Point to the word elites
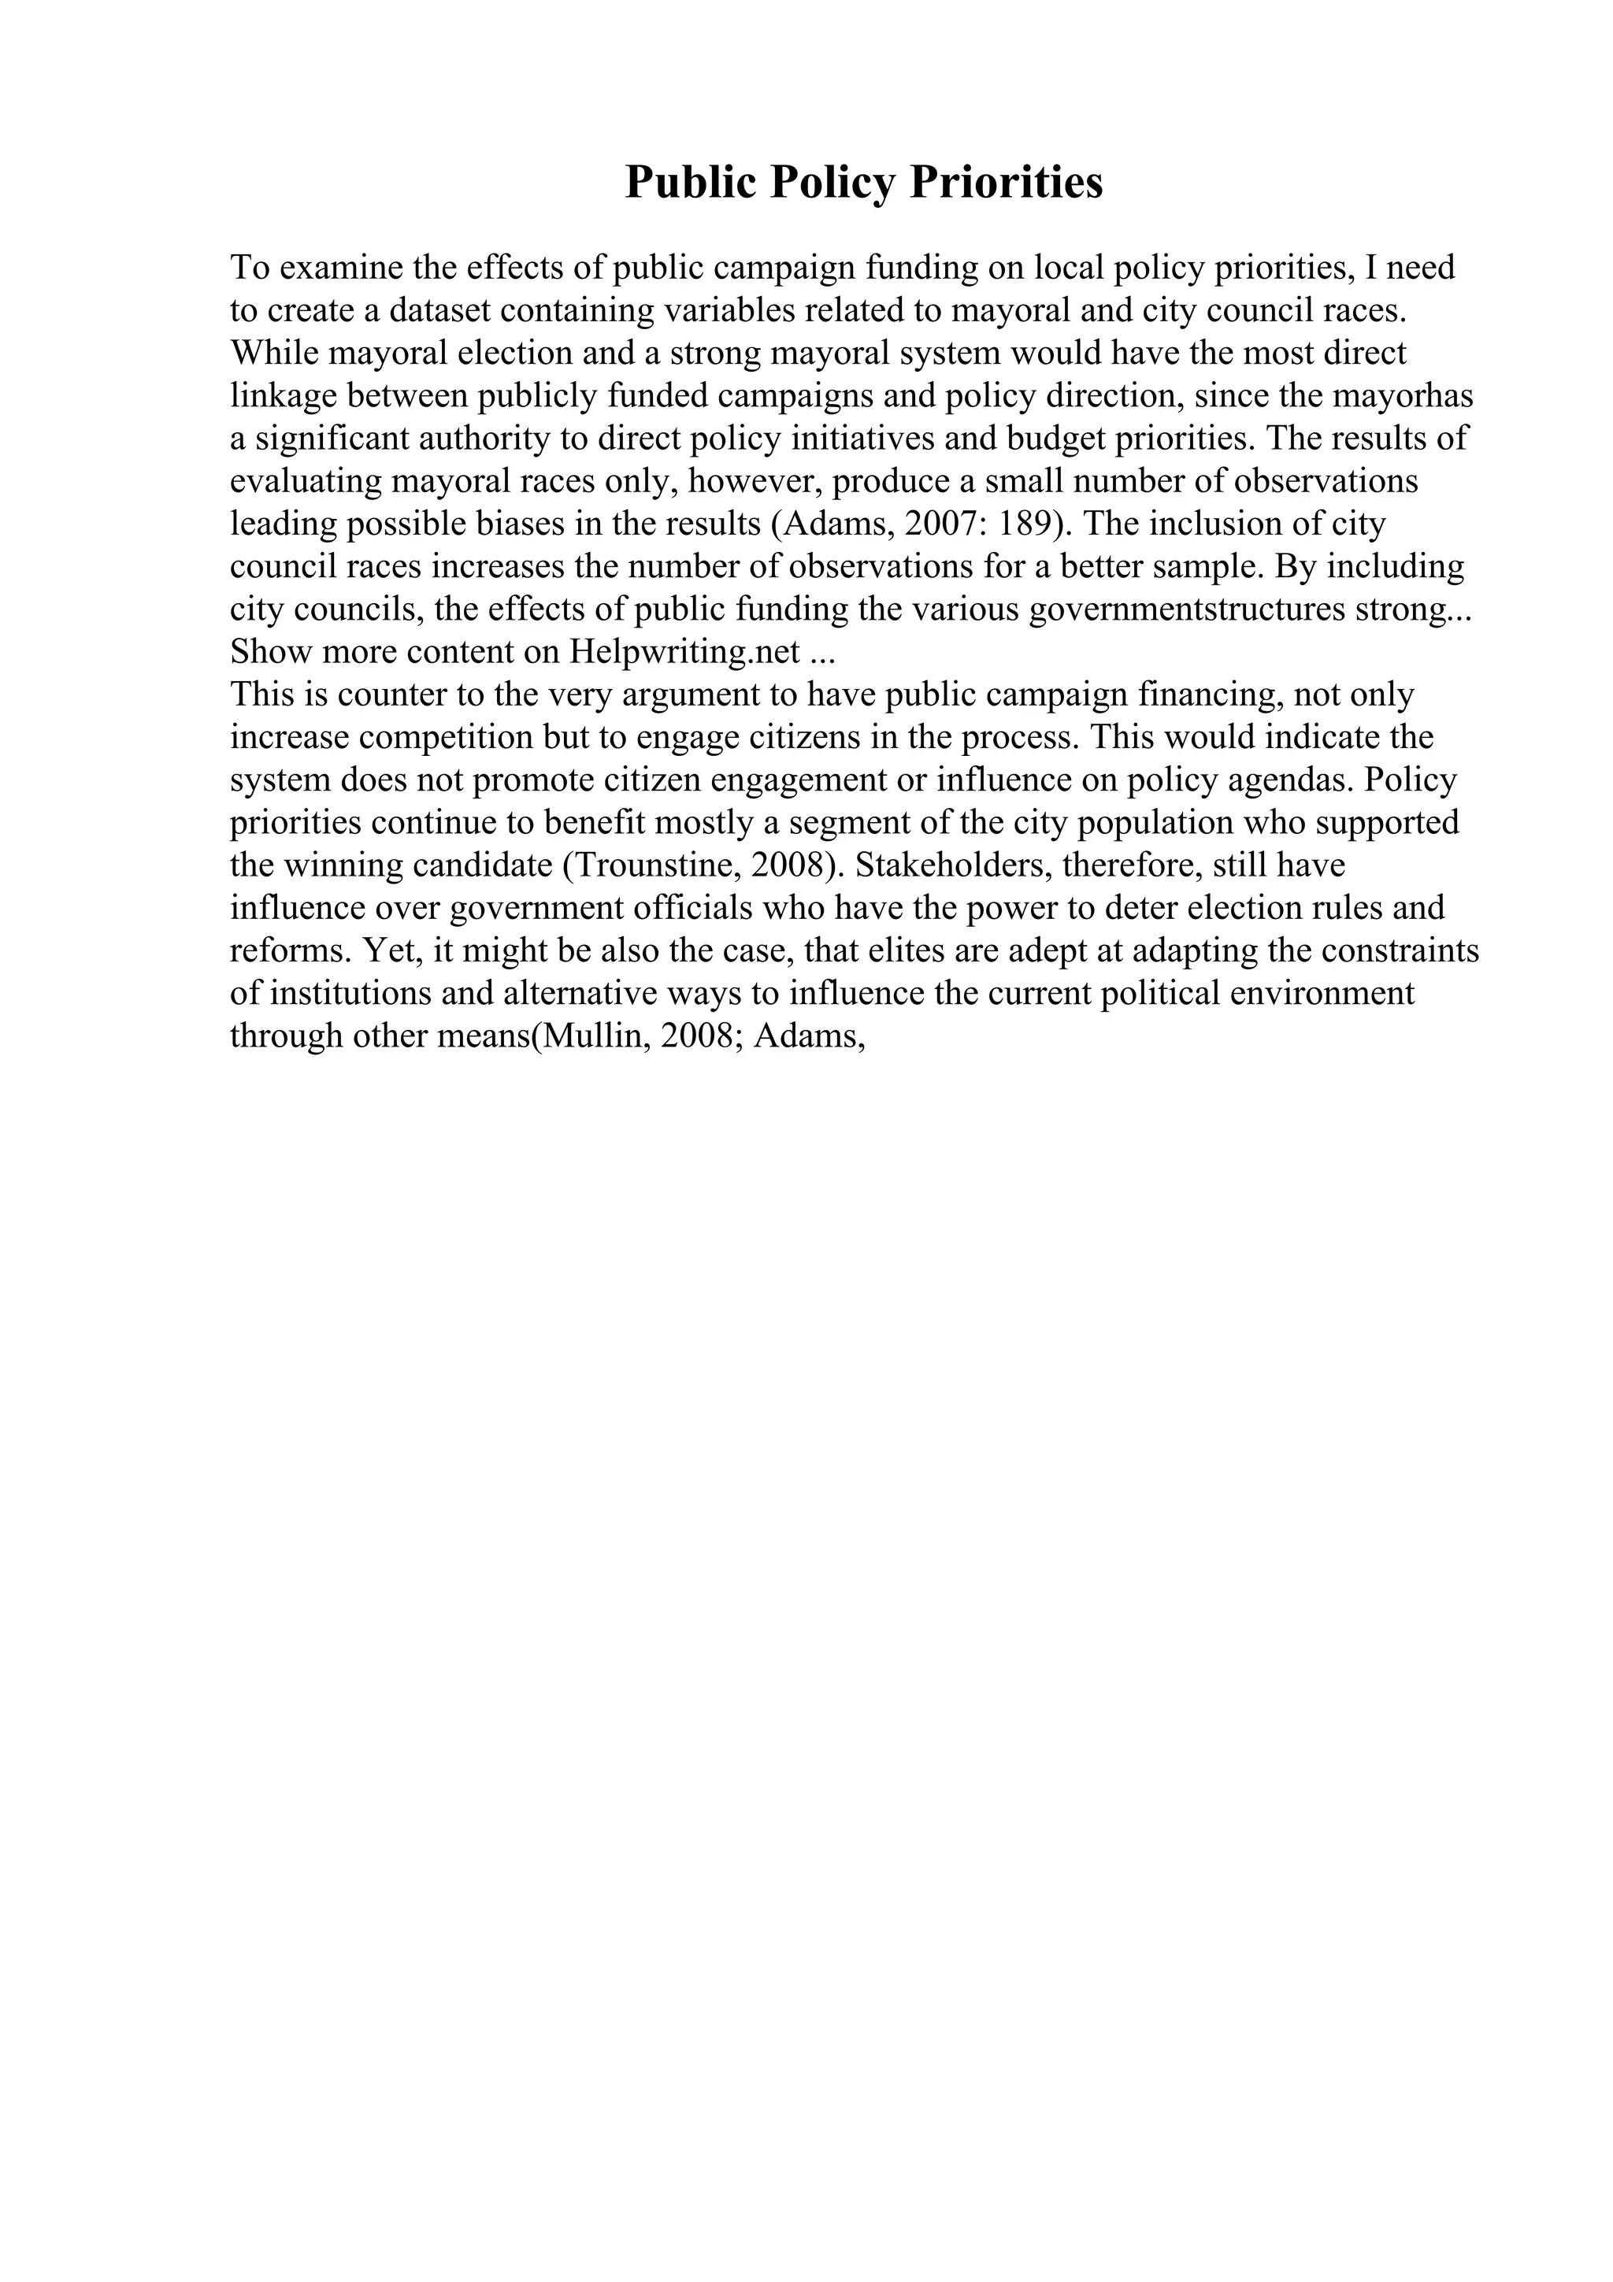click(907, 950)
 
